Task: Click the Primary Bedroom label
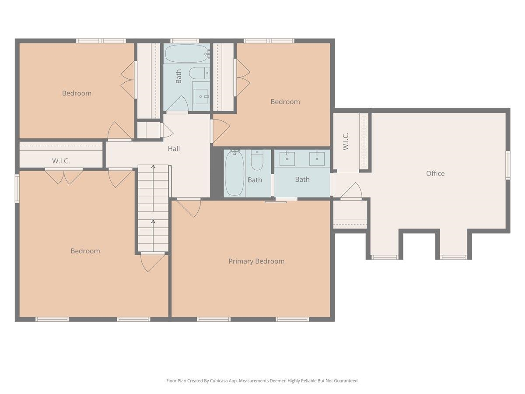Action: pos(256,261)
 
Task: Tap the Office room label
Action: pos(435,173)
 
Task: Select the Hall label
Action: pos(174,149)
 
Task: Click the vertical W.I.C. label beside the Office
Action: pos(346,141)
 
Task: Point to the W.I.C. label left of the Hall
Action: pos(61,161)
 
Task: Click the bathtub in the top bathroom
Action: pos(187,53)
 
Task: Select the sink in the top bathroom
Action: pos(201,96)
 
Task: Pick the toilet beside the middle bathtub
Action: pos(257,161)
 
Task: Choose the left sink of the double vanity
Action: pos(287,158)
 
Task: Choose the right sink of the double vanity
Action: pos(317,158)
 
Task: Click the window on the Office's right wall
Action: pos(508,165)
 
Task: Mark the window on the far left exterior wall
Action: pos(17,188)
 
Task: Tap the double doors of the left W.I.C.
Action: pos(64,176)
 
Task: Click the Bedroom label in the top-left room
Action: pos(77,93)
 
